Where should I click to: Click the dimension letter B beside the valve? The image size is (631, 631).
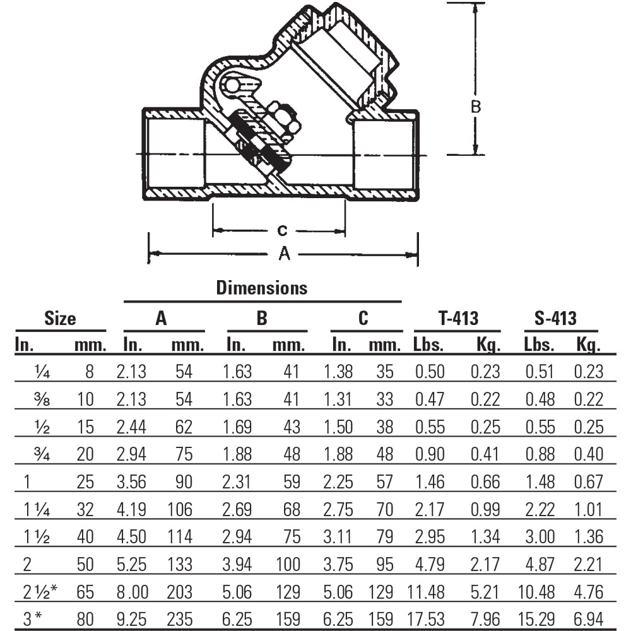(476, 107)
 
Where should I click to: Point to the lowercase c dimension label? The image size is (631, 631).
(283, 231)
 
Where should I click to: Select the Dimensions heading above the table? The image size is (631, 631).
(262, 288)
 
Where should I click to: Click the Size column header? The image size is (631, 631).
(60, 319)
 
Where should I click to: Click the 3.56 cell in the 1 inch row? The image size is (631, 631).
(131, 482)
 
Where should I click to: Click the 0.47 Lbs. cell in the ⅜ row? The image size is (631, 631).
(430, 399)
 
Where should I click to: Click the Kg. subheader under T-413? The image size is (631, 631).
(485, 345)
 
